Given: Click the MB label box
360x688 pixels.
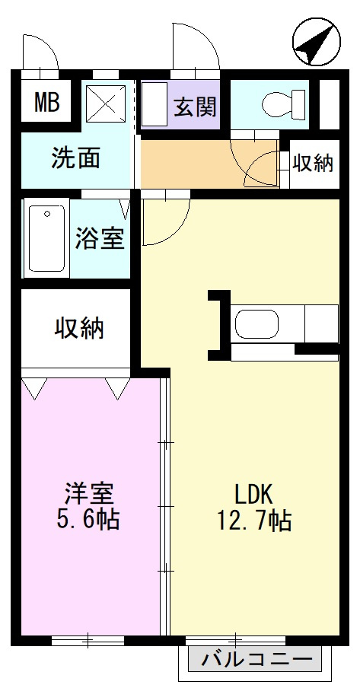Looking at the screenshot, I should pyautogui.click(x=46, y=103).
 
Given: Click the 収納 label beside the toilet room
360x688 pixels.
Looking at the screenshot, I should pyautogui.click(x=313, y=162).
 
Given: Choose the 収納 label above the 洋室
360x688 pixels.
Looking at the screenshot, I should pyautogui.click(x=78, y=328).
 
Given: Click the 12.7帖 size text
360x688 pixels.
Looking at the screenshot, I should pyautogui.click(x=252, y=521).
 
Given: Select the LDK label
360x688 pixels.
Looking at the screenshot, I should pyautogui.click(x=252, y=494).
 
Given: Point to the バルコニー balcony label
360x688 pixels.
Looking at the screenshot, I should pyautogui.click(x=256, y=658).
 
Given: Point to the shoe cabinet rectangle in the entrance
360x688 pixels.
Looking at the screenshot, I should pyautogui.click(x=155, y=105).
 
